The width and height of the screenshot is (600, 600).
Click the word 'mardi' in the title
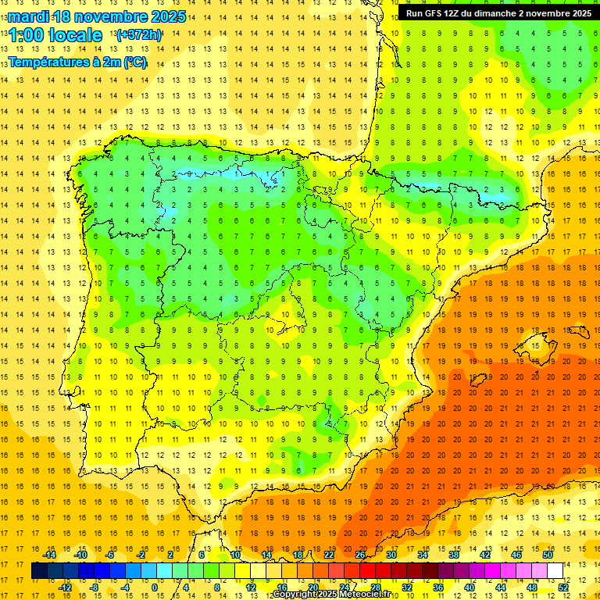[27, 16]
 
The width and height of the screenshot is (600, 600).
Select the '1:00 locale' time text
[55, 35]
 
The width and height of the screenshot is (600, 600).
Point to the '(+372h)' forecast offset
[138, 35]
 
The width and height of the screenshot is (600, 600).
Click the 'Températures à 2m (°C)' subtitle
[77, 62]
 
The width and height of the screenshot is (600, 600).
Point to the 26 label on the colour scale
[360, 555]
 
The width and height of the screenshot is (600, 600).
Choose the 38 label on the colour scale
[454, 555]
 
